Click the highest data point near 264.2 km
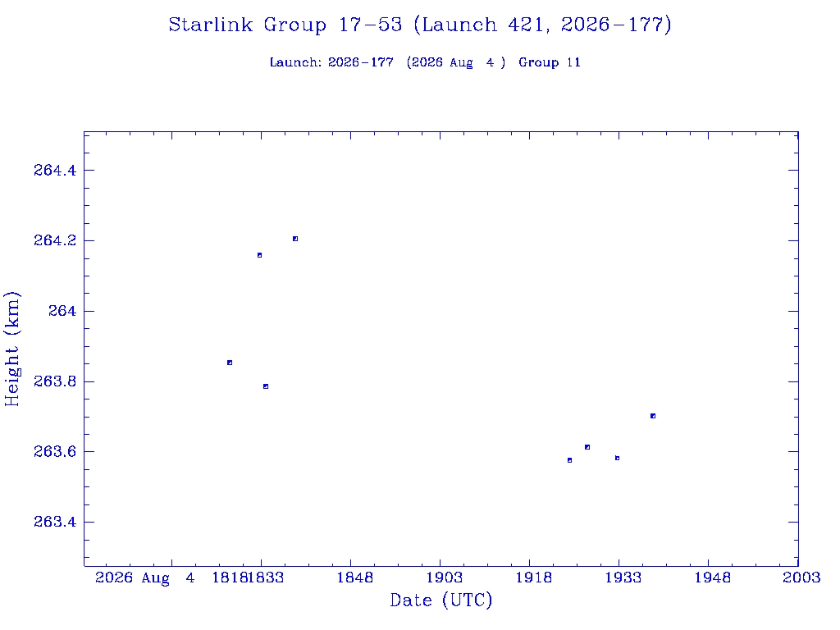coord(295,239)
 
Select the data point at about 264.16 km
coord(260,256)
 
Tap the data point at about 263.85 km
coord(230,363)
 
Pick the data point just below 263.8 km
coord(266,387)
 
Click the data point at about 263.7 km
coord(653,416)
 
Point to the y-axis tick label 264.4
coord(55,171)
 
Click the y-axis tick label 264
coord(62,311)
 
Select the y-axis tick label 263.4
coord(55,522)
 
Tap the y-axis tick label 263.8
coord(55,381)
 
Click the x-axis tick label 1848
coord(355,577)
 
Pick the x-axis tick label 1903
coord(445,577)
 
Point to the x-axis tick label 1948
coord(713,577)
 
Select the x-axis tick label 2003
coord(802,577)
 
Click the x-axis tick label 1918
coord(534,577)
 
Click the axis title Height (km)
coord(11,349)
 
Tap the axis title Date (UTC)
coord(441,600)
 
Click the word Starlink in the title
coord(211,25)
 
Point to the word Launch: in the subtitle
coord(295,62)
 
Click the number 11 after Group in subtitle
coord(573,62)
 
